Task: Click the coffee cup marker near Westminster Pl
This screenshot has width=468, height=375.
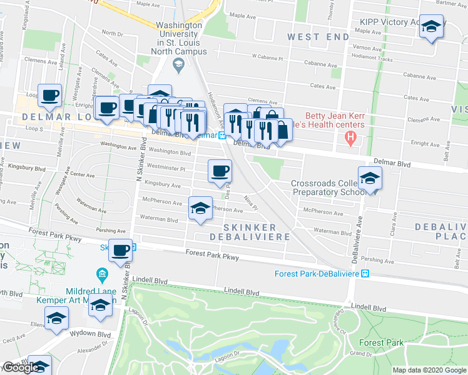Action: click(219, 171)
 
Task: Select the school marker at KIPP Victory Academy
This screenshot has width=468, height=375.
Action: click(430, 26)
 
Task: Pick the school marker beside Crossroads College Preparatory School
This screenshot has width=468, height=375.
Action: click(370, 178)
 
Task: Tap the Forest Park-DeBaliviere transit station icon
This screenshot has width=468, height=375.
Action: click(367, 274)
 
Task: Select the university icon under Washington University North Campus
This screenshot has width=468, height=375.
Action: click(178, 63)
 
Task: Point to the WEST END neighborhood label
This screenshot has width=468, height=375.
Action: click(318, 37)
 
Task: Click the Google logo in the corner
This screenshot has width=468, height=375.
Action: click(21, 368)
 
